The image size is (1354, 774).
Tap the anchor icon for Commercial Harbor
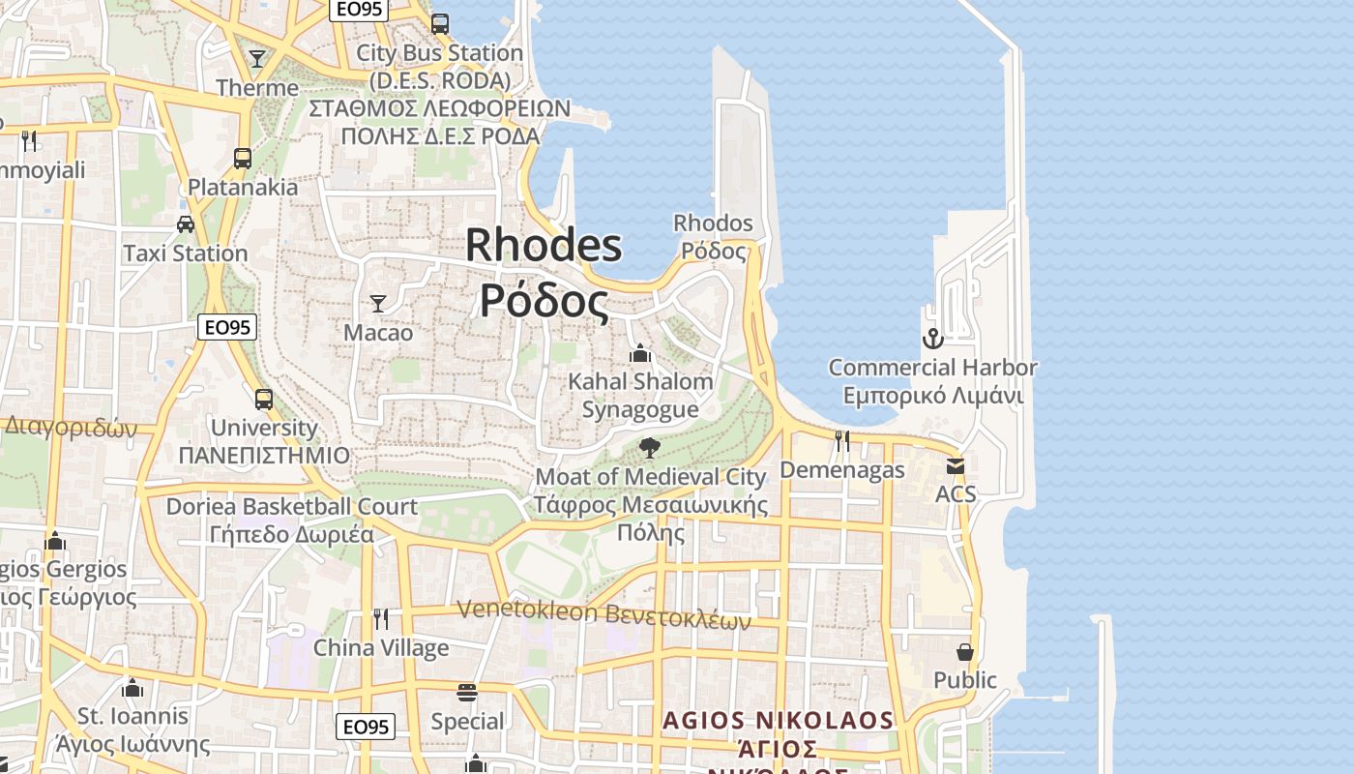[x=932, y=339]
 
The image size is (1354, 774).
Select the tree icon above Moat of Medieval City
[x=650, y=447]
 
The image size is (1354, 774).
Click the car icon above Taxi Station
[x=186, y=224]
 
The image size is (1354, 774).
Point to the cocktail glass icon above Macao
[x=378, y=304]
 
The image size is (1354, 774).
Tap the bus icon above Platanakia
[x=243, y=158]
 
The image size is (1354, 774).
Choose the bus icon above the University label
[x=263, y=399]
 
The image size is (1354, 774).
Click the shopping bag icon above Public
[x=964, y=651]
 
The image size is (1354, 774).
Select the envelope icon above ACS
[x=956, y=465]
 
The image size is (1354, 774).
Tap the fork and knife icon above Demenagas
[x=842, y=441]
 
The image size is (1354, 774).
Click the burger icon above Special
[x=467, y=692]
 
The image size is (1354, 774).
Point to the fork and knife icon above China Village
[x=381, y=618]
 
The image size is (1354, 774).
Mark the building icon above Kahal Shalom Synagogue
[x=640, y=353]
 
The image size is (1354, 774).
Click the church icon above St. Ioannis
[x=132, y=688]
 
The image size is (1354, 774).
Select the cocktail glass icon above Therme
[x=256, y=59]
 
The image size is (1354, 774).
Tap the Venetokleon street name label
[x=603, y=611]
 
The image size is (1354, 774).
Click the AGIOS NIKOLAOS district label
[x=779, y=721]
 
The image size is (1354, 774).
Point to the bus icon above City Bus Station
[x=440, y=24]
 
